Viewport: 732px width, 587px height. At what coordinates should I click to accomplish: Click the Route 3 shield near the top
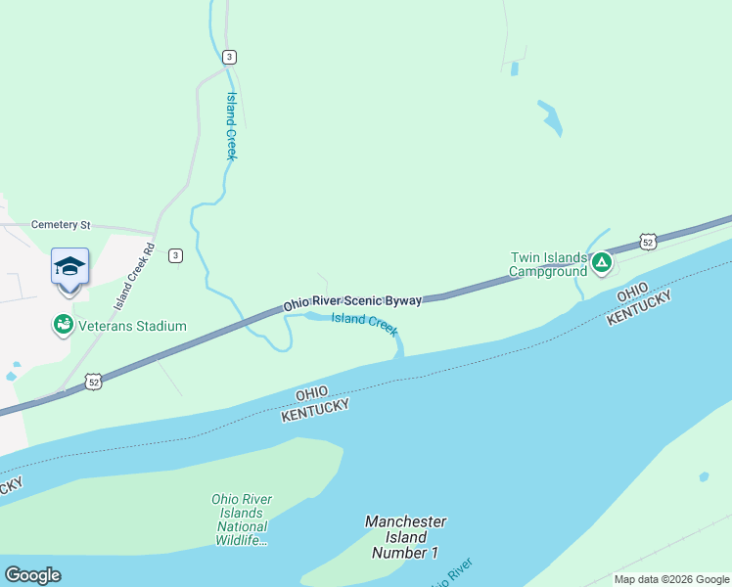coord(228,57)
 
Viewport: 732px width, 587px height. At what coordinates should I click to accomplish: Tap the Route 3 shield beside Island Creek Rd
coord(174,255)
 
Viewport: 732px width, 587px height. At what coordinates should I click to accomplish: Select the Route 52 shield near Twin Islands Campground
coord(647,241)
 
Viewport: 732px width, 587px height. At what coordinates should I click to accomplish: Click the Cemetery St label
coord(60,225)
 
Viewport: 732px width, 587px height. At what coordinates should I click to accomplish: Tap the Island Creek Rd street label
coord(134,276)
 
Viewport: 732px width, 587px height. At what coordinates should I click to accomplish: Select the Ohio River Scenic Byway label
coord(352,303)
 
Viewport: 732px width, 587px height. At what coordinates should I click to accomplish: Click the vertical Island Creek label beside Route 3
coord(232,126)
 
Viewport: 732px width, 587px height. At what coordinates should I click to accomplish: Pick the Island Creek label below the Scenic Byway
coord(364,323)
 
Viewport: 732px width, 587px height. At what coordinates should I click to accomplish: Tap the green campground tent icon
coord(602,262)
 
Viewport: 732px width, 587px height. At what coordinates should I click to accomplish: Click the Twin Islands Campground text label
coord(548,264)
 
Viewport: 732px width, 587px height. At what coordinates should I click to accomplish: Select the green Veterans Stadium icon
coord(64,324)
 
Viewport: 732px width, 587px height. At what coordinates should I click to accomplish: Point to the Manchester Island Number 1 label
coord(405,537)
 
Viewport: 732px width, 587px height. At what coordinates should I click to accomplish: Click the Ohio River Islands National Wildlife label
coord(242,519)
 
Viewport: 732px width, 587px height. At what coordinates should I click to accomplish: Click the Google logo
coord(32,575)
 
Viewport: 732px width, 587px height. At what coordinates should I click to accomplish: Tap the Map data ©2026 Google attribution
coord(671,579)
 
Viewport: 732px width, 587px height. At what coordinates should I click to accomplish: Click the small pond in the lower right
coord(704,477)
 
